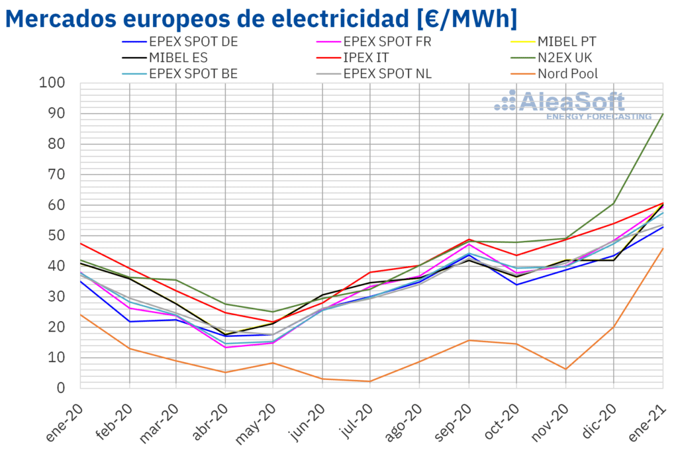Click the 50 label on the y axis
[58, 236]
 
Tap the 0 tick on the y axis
[62, 388]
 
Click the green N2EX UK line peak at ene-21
[663, 114]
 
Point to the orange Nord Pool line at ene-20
[81, 314]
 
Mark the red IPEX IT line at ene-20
[81, 244]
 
